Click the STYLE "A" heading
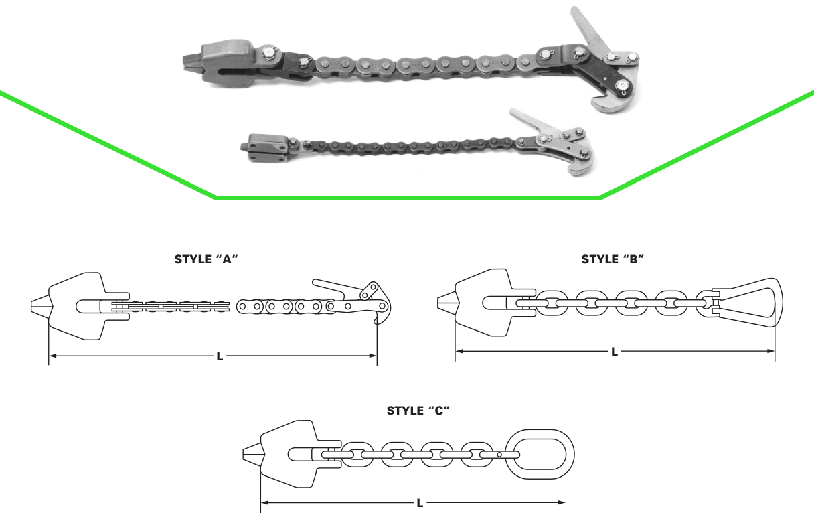tap(206, 259)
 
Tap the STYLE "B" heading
tap(613, 259)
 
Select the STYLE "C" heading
tap(418, 411)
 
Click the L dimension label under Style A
tap(220, 356)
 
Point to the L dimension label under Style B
tap(615, 352)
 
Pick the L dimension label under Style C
tap(420, 503)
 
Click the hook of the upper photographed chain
tap(614, 104)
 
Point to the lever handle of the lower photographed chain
tap(531, 120)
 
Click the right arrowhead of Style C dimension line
tap(562, 502)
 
